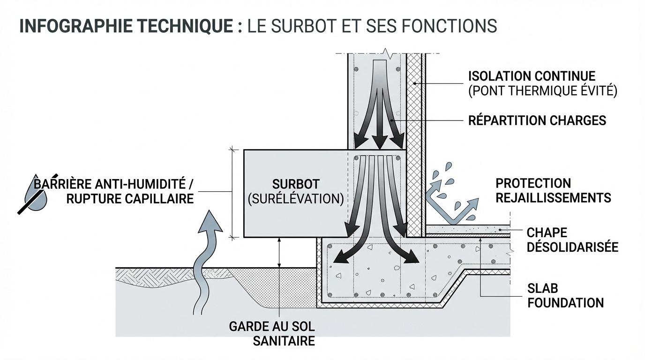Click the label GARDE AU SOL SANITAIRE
271,333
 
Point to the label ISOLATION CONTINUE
532,76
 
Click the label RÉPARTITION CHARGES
537,120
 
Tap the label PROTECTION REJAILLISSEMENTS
553,190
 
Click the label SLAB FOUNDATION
565,295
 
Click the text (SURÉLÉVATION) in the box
295,198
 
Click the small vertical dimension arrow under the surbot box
279,253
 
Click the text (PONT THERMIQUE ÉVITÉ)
542,91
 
